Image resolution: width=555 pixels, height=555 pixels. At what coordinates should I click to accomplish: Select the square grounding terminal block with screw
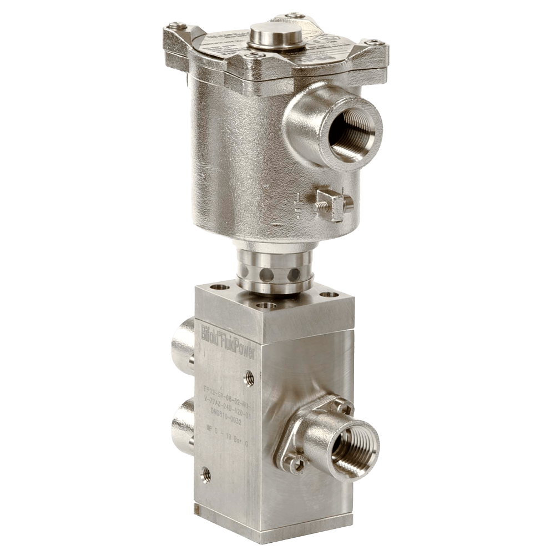[x=333, y=203]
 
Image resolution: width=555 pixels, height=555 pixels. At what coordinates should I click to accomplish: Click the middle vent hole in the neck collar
[x=267, y=274]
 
